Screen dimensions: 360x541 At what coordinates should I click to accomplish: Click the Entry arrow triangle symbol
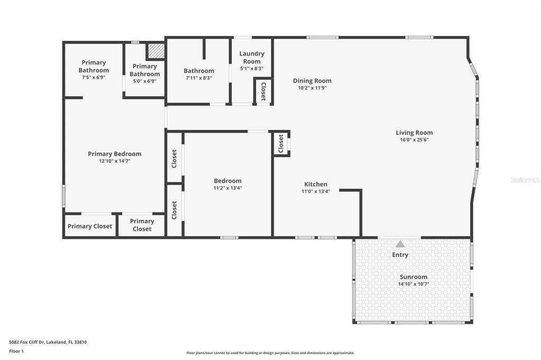coord(400,244)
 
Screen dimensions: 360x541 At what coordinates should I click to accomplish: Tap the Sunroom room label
coord(414,277)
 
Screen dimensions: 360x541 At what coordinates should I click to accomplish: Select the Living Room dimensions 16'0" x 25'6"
coord(414,140)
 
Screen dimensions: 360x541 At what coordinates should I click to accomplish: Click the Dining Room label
coord(312,81)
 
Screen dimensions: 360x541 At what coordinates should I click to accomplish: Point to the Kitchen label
coord(315,184)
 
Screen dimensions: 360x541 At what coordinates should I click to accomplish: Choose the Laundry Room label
coord(252,57)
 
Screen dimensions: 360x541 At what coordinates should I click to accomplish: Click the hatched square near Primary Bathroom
coord(156,51)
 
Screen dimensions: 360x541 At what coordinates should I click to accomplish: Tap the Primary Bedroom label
coord(115,154)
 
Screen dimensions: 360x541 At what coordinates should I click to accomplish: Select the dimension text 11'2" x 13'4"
coord(228,188)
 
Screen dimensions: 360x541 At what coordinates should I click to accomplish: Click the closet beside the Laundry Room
coord(263,91)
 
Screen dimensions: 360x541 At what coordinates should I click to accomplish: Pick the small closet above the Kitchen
coord(281,144)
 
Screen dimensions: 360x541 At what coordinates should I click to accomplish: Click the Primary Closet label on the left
coord(90,226)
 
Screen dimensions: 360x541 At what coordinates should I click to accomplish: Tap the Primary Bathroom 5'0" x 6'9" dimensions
coord(145,81)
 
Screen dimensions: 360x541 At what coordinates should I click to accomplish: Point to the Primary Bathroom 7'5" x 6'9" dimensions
coord(94,78)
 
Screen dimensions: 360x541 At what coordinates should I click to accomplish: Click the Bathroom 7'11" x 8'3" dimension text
coord(199,78)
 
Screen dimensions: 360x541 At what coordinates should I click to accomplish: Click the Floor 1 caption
coord(16,350)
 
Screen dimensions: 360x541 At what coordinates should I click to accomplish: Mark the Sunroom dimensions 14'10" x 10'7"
coord(414,284)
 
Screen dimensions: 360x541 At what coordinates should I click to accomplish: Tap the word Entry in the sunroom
coord(400,255)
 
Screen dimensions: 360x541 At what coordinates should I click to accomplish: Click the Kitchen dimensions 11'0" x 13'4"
coord(315,192)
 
